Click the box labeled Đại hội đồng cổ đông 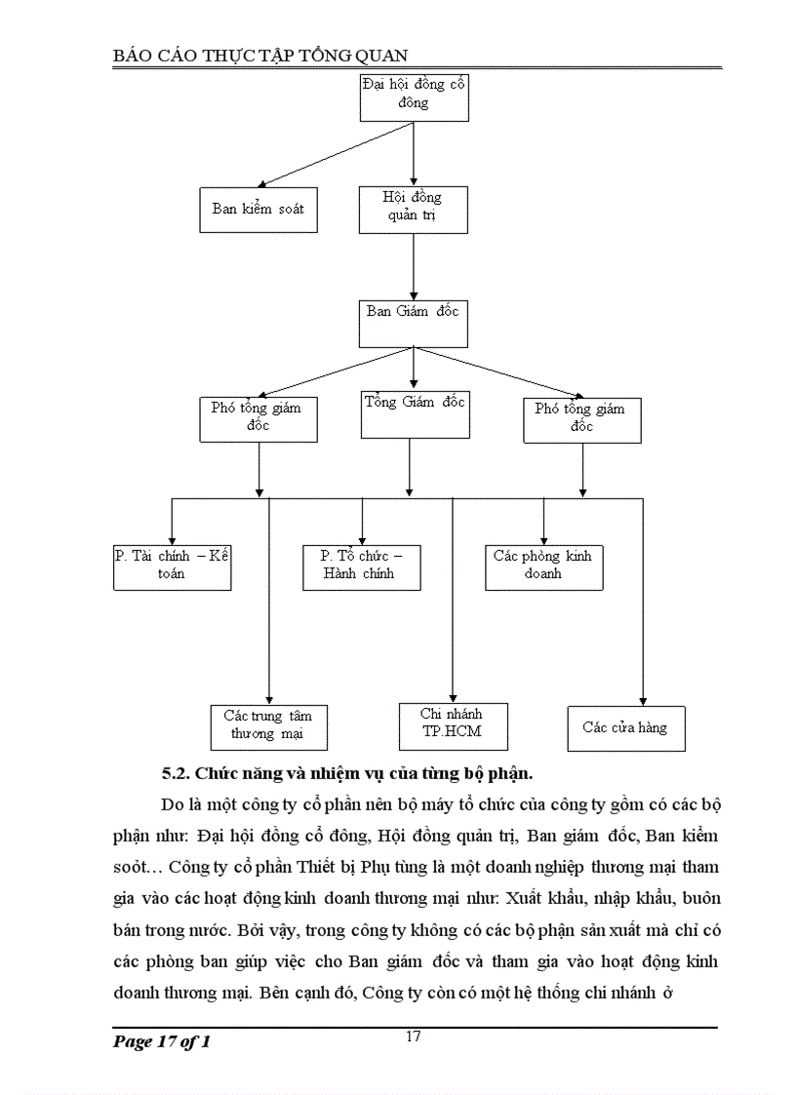[x=414, y=95]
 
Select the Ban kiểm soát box [x=259, y=209]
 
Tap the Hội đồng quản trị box [x=413, y=209]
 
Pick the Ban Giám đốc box [x=413, y=323]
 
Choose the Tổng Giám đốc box [x=414, y=412]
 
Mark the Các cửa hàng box [x=625, y=728]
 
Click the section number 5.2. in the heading [x=176, y=774]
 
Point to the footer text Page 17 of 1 [x=162, y=1042]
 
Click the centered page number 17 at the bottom [x=414, y=1036]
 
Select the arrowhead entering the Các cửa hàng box [x=642, y=699]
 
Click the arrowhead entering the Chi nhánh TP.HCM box [x=452, y=695]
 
